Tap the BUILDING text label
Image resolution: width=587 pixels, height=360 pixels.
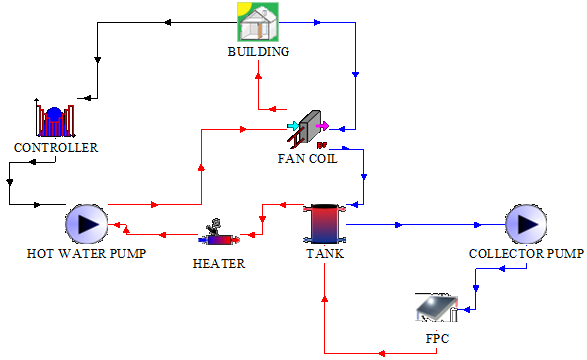pyautogui.click(x=257, y=52)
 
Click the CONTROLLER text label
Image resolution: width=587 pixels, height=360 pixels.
pyautogui.click(x=56, y=148)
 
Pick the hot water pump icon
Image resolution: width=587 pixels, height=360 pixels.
pyautogui.click(x=86, y=224)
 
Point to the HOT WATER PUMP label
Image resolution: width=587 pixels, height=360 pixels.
pyautogui.click(x=86, y=253)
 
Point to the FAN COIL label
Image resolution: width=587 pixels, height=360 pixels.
pyautogui.click(x=307, y=158)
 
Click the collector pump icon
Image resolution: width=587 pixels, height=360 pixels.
pyautogui.click(x=525, y=224)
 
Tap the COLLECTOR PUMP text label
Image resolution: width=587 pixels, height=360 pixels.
pyautogui.click(x=526, y=253)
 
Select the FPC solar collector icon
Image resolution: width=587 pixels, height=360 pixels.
pyautogui.click(x=438, y=308)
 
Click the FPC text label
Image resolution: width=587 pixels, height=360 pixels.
pyautogui.click(x=437, y=339)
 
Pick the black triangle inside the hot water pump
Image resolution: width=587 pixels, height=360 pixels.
pyautogui.click(x=87, y=224)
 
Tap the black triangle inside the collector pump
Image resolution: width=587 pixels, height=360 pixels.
pyautogui.click(x=526, y=224)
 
